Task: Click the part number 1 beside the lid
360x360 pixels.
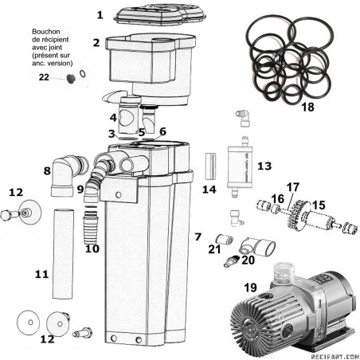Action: [x=100, y=15]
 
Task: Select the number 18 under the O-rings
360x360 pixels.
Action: [x=307, y=108]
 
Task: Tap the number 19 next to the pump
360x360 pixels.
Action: [x=250, y=288]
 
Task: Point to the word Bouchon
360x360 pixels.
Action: [x=46, y=32]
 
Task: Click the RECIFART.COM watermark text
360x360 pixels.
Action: [x=335, y=357]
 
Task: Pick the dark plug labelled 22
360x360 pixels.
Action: [x=71, y=78]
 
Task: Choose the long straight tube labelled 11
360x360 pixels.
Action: [x=63, y=254]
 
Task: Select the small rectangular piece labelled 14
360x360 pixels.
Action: [x=210, y=166]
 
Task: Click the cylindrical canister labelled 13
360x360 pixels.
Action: [x=240, y=166]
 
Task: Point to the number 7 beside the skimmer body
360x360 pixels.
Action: [x=198, y=237]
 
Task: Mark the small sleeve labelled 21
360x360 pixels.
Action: [x=225, y=240]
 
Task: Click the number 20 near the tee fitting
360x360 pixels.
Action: [x=248, y=260]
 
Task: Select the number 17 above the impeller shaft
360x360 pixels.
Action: [x=293, y=187]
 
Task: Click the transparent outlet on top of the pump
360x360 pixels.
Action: [x=284, y=272]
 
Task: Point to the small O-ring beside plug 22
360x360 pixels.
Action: [x=83, y=73]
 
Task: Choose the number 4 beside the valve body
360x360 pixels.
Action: [x=113, y=118]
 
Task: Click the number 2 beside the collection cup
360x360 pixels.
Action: [x=96, y=43]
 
